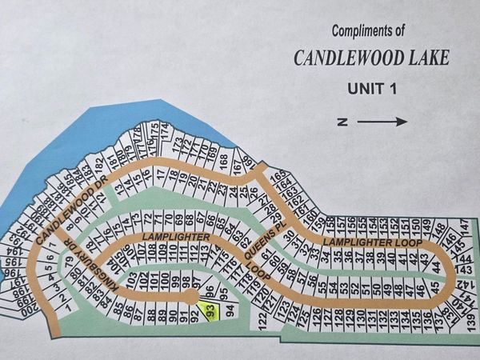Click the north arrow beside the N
[x=382, y=122]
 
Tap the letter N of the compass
[x=342, y=122]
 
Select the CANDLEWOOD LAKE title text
[x=371, y=58]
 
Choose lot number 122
[x=262, y=321]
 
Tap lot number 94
[x=230, y=309]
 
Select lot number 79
[x=70, y=261]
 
